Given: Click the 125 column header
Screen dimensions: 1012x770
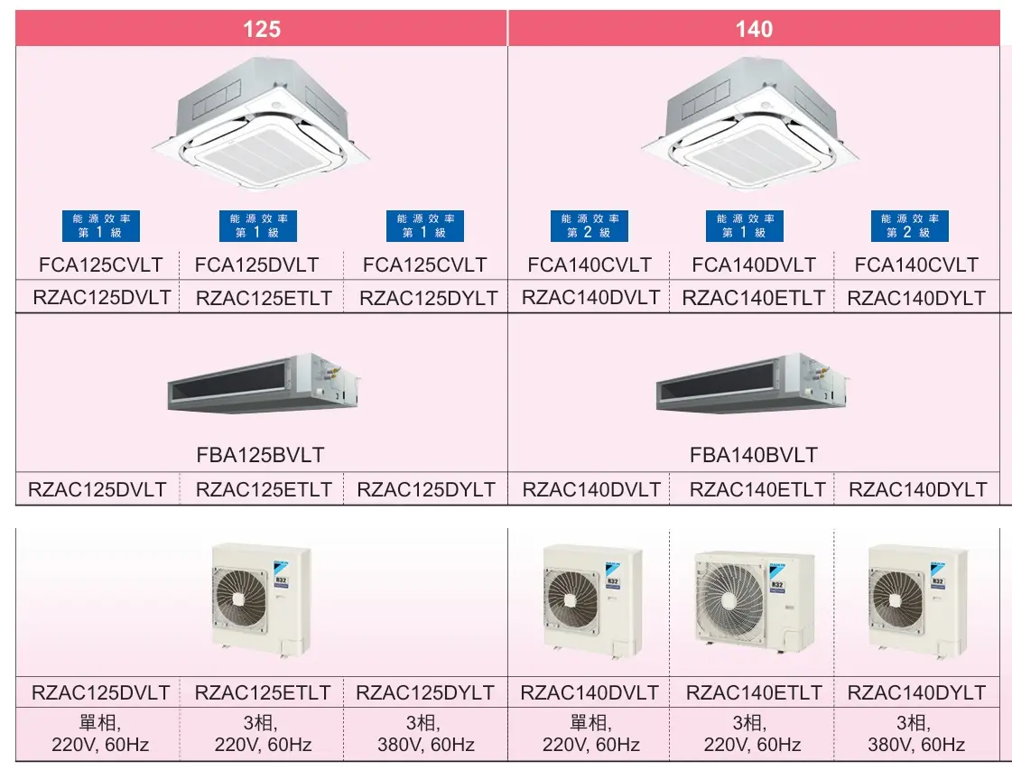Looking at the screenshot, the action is pyautogui.click(x=262, y=28).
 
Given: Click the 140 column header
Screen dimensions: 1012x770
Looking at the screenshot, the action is pyautogui.click(x=754, y=28).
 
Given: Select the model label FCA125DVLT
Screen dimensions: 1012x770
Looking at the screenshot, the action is pyautogui.click(x=257, y=264).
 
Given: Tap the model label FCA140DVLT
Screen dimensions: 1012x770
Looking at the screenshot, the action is pyautogui.click(x=754, y=264).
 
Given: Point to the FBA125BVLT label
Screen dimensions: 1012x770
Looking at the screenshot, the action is pyautogui.click(x=260, y=455).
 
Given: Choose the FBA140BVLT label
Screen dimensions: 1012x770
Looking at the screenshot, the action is pyautogui.click(x=754, y=455).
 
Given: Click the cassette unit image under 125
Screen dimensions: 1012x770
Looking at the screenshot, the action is pyautogui.click(x=262, y=122).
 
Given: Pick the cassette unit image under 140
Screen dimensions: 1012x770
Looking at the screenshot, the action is pyautogui.click(x=750, y=122).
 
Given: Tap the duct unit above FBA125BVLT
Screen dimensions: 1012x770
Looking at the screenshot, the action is pyautogui.click(x=264, y=384).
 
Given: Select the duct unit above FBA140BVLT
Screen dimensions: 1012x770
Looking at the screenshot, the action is pyautogui.click(x=753, y=384).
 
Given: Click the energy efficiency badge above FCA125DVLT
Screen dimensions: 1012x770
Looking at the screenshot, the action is pyautogui.click(x=258, y=226).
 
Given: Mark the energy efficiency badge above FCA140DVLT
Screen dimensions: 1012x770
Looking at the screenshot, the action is pyautogui.click(x=745, y=226).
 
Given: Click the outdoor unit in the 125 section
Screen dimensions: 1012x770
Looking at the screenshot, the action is pyautogui.click(x=262, y=599).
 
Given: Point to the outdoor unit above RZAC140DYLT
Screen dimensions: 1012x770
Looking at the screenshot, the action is pyautogui.click(x=917, y=599).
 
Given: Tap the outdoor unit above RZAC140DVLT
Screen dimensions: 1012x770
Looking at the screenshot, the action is pyautogui.click(x=592, y=599).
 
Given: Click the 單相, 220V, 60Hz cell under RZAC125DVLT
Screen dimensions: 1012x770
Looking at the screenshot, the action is pyautogui.click(x=100, y=734).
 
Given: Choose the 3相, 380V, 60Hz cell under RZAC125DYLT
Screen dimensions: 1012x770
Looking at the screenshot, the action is pyautogui.click(x=426, y=734).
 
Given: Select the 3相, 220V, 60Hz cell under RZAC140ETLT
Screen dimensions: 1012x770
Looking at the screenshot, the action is pyautogui.click(x=753, y=734).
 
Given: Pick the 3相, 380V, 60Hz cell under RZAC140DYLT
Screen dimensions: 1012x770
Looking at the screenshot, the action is pyautogui.click(x=916, y=734).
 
